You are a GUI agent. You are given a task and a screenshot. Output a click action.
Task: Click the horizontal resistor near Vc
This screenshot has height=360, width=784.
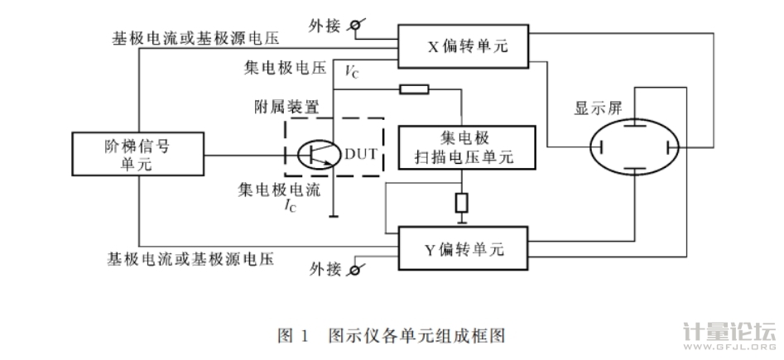tap(413, 89)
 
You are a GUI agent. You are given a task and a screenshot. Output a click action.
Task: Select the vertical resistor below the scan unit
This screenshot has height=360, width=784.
tap(462, 202)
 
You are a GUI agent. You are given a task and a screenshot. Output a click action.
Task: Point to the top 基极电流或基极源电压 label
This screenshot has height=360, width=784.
tap(197, 39)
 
